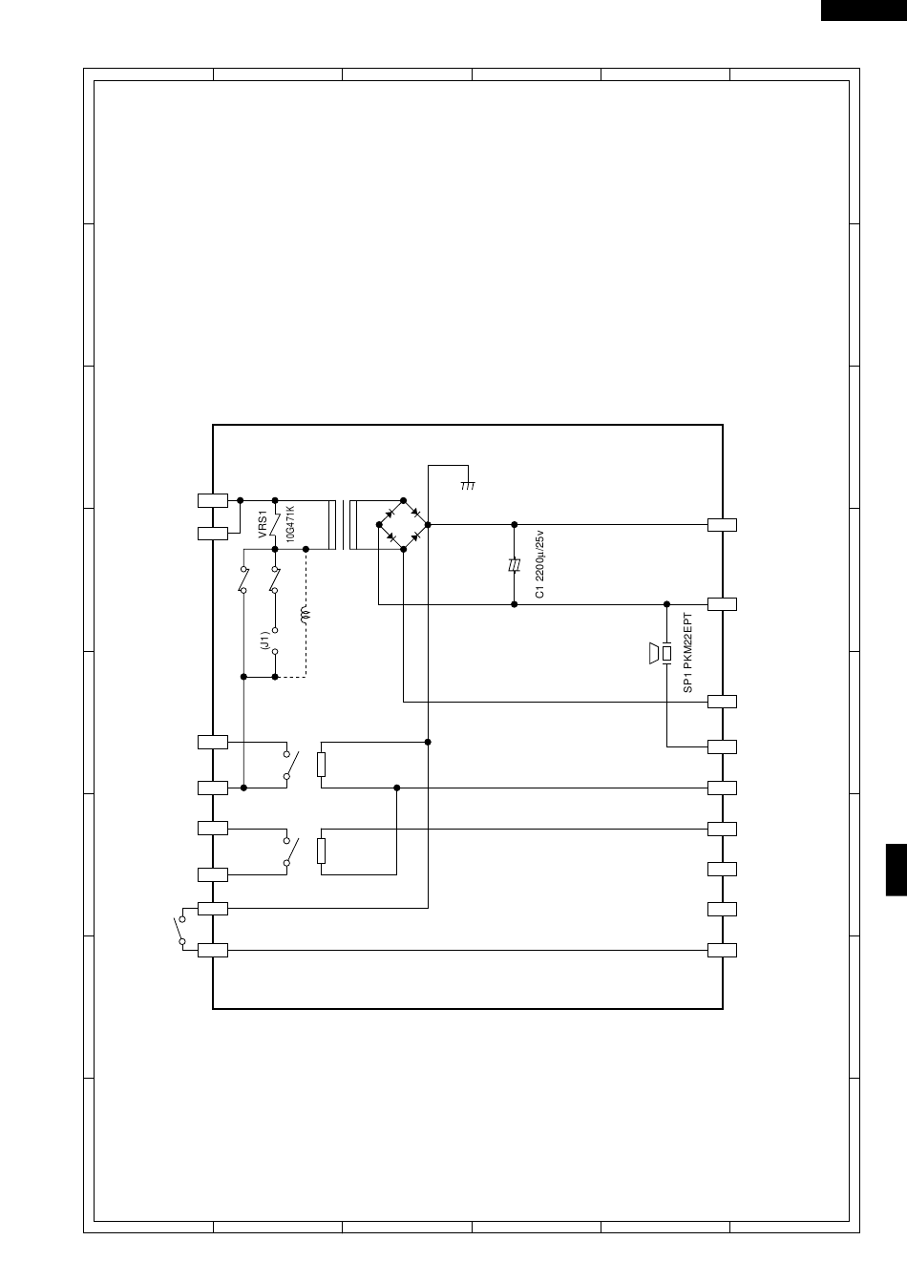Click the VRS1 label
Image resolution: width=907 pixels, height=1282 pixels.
(x=263, y=524)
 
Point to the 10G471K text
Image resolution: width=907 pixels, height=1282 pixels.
(x=290, y=524)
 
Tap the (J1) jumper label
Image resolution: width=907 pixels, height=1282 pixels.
(x=264, y=641)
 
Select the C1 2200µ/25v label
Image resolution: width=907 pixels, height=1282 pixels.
(x=539, y=564)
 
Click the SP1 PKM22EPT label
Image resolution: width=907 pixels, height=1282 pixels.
(x=687, y=653)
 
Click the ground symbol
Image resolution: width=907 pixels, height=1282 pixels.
(x=468, y=486)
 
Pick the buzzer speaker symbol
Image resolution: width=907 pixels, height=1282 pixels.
(x=660, y=653)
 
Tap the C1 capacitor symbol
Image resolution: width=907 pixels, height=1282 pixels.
(x=514, y=565)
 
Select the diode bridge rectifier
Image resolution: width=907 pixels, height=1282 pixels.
(x=404, y=525)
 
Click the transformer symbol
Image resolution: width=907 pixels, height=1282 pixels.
(x=343, y=525)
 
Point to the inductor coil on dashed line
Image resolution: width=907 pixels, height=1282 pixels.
(x=305, y=615)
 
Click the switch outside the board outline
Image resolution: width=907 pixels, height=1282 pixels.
(x=180, y=931)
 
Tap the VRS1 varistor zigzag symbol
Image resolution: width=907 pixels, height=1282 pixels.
(x=275, y=525)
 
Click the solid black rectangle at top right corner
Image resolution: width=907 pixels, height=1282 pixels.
(x=864, y=11)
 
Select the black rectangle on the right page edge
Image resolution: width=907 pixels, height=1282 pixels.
(x=896, y=870)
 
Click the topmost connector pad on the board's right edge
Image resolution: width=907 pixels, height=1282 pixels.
(x=722, y=525)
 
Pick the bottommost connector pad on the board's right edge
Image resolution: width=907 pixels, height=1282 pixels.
(x=722, y=950)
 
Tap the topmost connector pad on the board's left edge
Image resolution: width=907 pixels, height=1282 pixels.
(x=213, y=501)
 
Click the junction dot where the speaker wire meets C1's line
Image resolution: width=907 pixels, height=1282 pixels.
(x=666, y=604)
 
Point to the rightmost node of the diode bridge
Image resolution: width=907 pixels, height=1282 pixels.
(x=428, y=525)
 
